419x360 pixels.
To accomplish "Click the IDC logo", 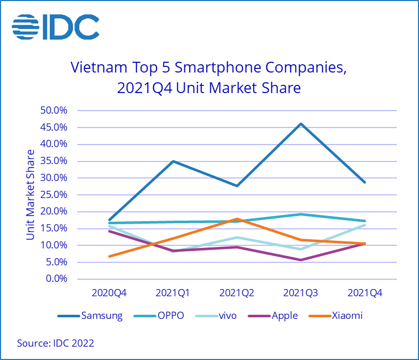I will (x=55, y=27).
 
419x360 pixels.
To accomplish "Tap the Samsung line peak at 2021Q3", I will (x=301, y=123).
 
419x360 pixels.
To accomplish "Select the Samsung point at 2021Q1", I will (x=173, y=161).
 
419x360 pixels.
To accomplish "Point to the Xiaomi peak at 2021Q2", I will (x=237, y=219).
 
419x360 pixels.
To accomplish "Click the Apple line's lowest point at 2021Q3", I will (x=301, y=260).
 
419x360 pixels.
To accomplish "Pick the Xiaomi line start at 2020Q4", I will (x=110, y=256).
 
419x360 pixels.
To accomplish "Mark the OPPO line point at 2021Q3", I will (x=301, y=214).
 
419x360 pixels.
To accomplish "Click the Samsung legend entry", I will (x=90, y=315).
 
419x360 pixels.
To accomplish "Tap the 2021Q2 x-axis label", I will (x=237, y=293).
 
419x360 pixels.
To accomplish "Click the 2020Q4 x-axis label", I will (x=109, y=293).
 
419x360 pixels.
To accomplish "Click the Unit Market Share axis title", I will (x=30, y=194).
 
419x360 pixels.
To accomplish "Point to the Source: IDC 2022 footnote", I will (x=56, y=343).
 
